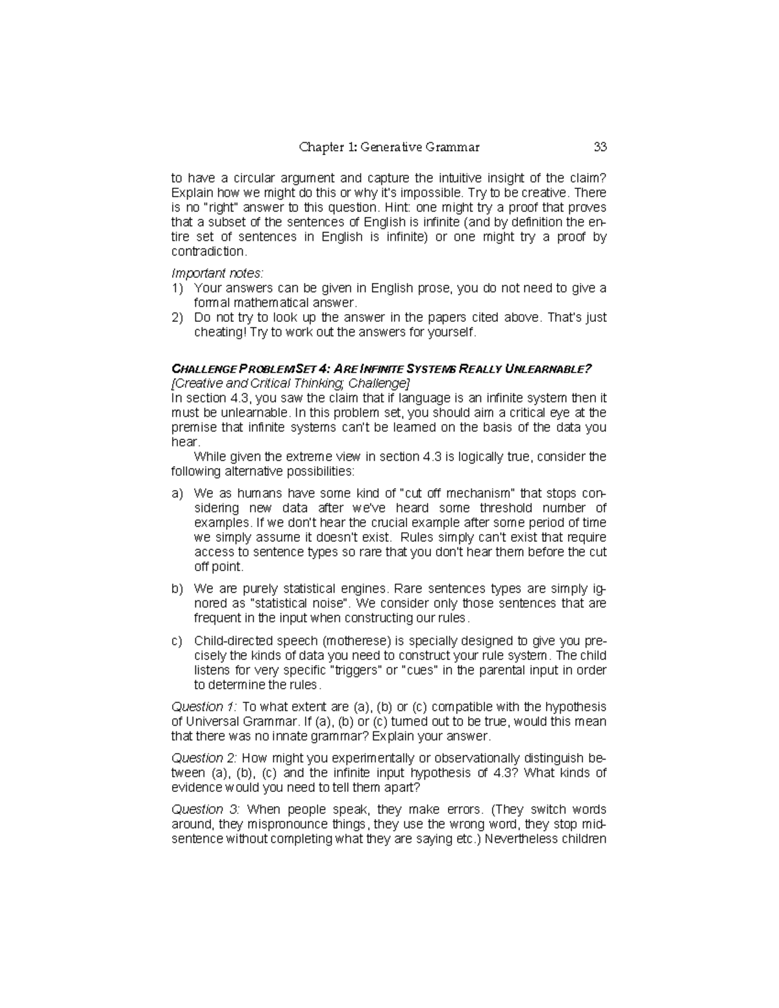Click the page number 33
point(600,147)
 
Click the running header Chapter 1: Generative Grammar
point(389,147)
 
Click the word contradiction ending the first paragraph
point(208,252)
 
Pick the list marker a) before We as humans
point(177,494)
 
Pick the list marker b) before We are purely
point(177,589)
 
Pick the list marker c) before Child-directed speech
point(177,641)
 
